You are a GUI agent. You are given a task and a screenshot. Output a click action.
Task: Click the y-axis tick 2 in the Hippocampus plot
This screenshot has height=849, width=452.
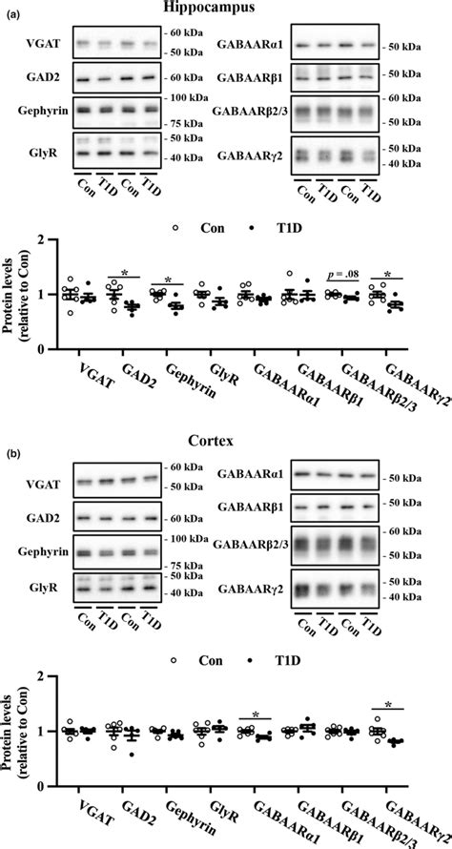(42, 240)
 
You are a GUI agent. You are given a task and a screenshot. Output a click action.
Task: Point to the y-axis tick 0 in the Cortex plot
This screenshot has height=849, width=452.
(42, 786)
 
